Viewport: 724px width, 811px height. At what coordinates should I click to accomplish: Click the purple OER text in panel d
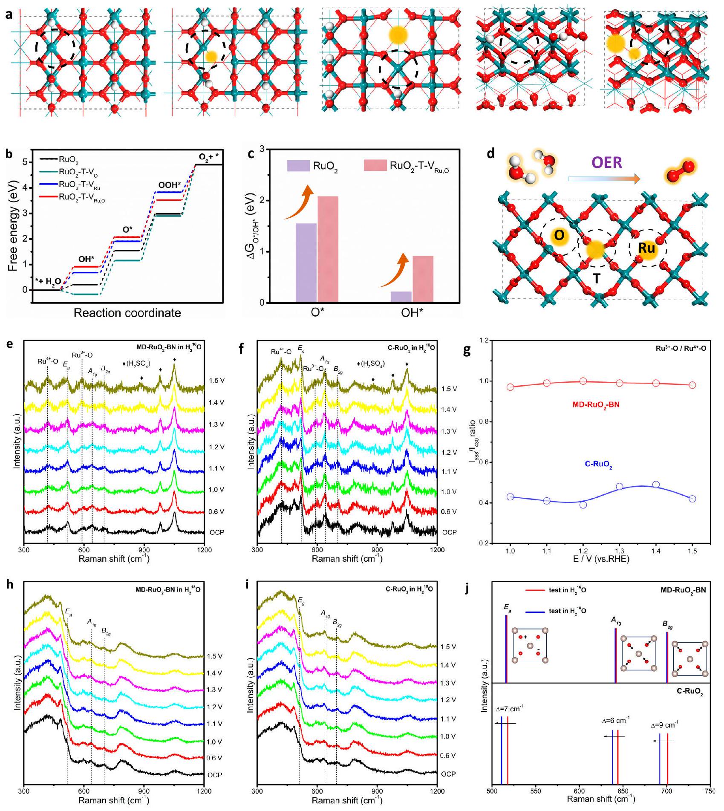[x=606, y=163]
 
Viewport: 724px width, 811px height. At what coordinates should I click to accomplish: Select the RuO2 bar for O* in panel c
[x=306, y=263]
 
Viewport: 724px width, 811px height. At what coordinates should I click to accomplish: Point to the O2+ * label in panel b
[x=211, y=156]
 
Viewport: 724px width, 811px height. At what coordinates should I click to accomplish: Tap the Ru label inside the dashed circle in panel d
[x=646, y=248]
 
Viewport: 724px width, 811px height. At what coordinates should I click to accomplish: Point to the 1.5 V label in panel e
[x=217, y=381]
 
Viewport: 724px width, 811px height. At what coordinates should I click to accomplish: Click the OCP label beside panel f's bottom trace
[x=449, y=532]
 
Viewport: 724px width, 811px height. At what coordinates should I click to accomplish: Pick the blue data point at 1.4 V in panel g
[x=656, y=485]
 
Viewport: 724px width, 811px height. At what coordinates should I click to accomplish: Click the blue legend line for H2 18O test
[x=535, y=611]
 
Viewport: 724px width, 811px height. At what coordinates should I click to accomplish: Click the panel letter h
[x=9, y=585]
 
